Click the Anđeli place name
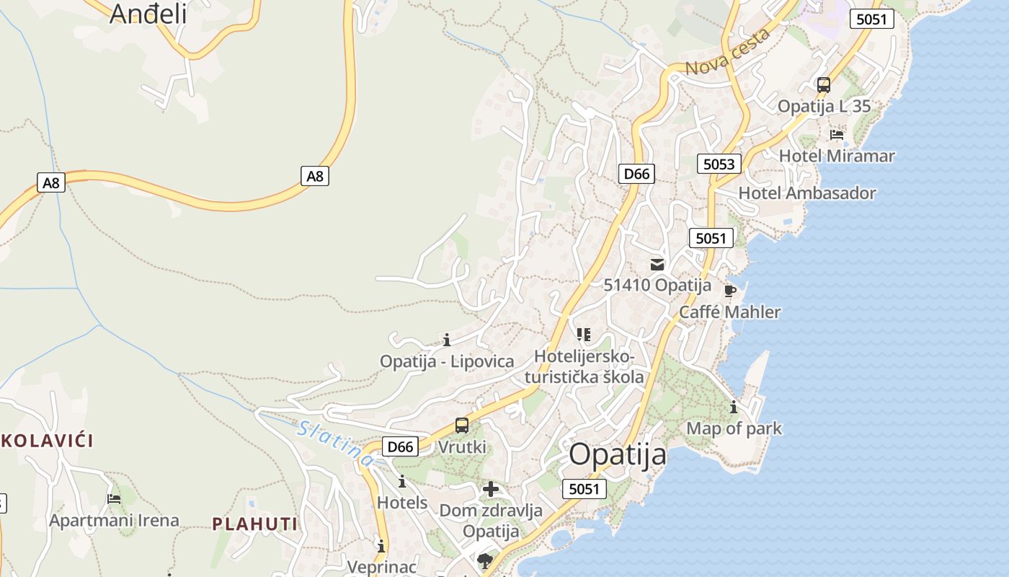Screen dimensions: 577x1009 click(x=148, y=13)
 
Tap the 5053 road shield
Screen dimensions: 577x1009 click(x=719, y=164)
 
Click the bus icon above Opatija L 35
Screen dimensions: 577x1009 click(x=824, y=85)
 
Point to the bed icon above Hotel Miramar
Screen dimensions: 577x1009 click(x=837, y=135)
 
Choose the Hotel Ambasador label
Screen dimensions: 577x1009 click(x=807, y=193)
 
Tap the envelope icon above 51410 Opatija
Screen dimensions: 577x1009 click(x=657, y=265)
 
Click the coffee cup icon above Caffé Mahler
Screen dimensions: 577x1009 click(x=729, y=291)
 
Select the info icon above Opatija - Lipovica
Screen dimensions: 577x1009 click(x=447, y=340)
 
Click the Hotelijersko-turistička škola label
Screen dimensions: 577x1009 click(x=584, y=366)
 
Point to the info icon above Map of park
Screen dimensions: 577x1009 click(x=734, y=408)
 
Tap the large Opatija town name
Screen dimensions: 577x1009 click(x=618, y=455)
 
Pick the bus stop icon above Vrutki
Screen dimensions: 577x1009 click(x=462, y=426)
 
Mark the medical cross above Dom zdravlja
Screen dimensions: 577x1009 click(x=491, y=490)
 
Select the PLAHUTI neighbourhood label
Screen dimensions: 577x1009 click(x=255, y=524)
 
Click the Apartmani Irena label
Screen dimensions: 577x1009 click(x=114, y=520)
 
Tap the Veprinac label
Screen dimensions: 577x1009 click(x=381, y=566)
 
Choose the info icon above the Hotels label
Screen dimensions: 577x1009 click(x=402, y=482)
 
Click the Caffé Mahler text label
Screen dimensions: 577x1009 click(x=729, y=312)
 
